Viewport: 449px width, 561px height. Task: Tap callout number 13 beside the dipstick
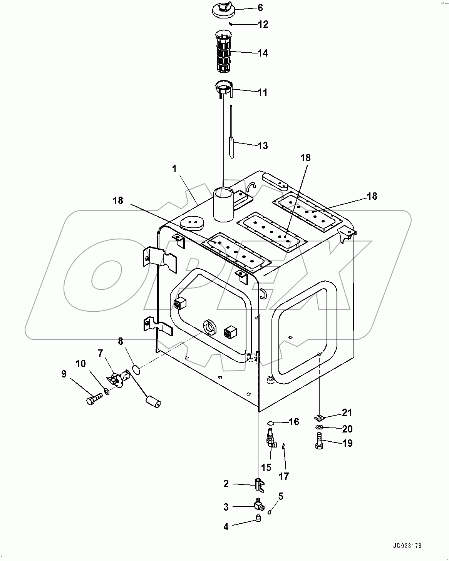263,146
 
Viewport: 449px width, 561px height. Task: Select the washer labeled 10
107,392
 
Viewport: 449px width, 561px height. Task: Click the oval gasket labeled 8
135,370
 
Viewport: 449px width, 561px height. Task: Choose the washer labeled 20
319,428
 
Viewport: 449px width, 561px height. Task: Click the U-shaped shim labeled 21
319,417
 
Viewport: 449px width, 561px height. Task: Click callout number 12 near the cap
263,25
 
